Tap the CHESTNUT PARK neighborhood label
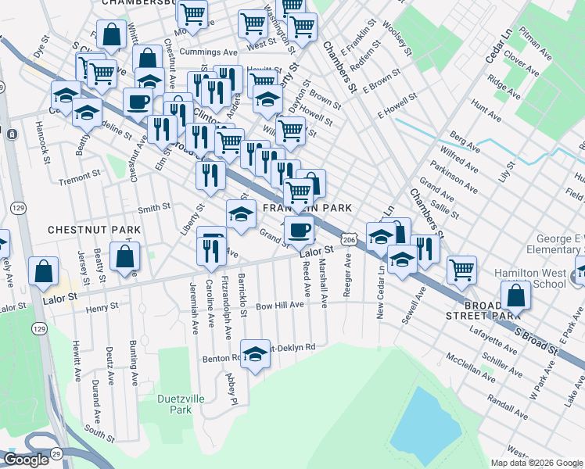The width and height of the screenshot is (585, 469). pyautogui.click(x=94, y=230)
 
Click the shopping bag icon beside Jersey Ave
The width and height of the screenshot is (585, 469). pyautogui.click(x=44, y=270)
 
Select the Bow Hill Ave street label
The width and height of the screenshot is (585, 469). pyautogui.click(x=279, y=305)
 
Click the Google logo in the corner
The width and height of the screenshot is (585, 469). pyautogui.click(x=26, y=460)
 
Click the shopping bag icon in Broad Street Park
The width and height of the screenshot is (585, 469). pyautogui.click(x=515, y=296)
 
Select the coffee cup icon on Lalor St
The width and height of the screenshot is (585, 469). pyautogui.click(x=299, y=230)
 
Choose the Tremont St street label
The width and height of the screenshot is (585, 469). pyautogui.click(x=81, y=177)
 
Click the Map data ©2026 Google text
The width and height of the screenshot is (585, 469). pyautogui.click(x=537, y=463)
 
